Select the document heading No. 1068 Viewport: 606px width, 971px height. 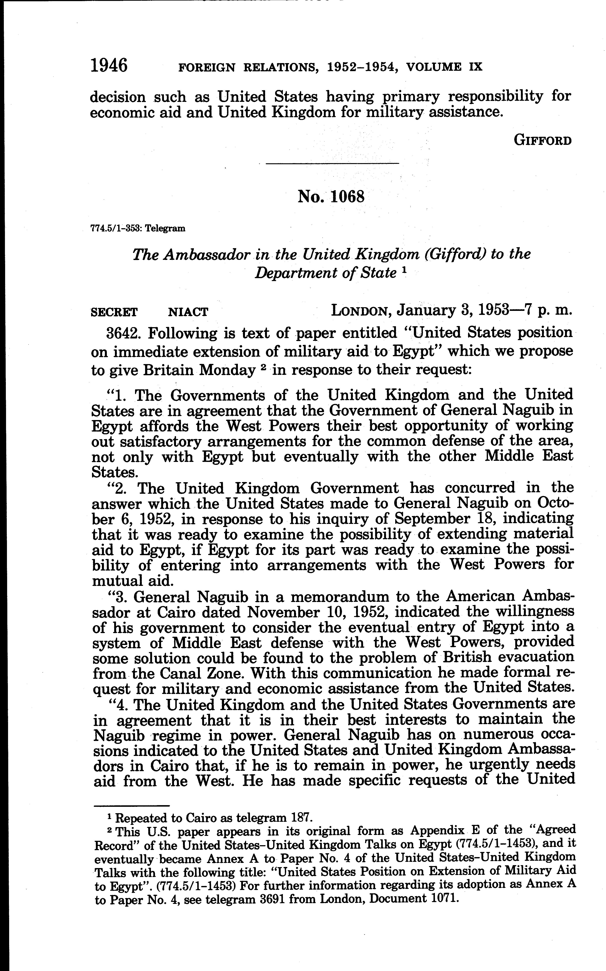tap(331, 197)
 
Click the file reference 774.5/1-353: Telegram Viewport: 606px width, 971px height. tap(138, 229)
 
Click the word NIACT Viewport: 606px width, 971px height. tap(188, 312)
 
